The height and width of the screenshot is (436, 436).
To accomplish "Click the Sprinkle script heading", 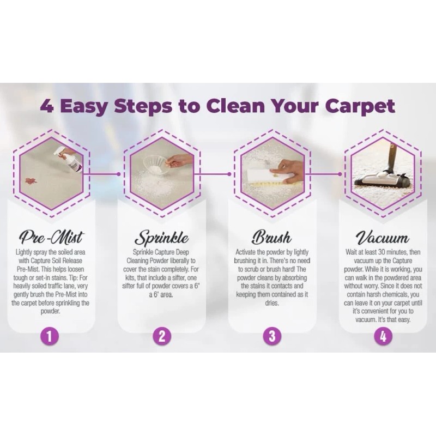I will [162, 238].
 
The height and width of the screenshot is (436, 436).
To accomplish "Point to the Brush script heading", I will [271, 238].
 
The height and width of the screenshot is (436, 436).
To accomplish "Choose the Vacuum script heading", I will [382, 238].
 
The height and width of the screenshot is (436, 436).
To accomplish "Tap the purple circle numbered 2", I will [161, 336].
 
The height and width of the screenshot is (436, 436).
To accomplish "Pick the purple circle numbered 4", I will [383, 336].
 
